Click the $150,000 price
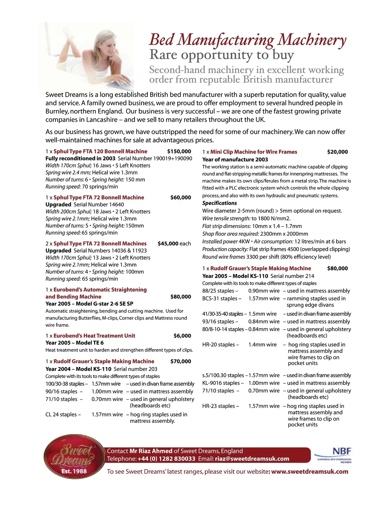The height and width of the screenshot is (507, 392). click(179, 151)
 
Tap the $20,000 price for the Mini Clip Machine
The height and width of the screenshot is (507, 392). click(337, 152)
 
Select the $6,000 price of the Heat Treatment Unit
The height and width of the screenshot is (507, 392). click(182, 336)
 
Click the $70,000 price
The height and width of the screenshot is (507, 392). click(181, 361)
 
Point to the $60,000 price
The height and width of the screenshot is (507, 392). click(181, 198)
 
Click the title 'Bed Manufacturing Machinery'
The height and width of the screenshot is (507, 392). click(247, 40)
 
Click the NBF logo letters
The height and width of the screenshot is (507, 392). click(342, 451)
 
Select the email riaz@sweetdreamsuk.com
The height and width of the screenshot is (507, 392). click(252, 459)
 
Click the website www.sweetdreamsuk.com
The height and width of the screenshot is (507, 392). click(310, 471)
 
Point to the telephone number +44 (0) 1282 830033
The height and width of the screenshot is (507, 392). click(166, 459)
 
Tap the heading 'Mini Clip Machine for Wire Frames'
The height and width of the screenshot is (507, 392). click(253, 152)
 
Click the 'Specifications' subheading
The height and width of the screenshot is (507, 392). click(220, 203)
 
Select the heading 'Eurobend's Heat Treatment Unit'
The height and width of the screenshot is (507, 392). click(94, 336)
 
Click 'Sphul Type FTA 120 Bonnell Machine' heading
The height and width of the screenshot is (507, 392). click(100, 151)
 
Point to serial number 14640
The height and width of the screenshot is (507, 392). click(112, 205)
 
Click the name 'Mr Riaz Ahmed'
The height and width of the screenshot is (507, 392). click(151, 451)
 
